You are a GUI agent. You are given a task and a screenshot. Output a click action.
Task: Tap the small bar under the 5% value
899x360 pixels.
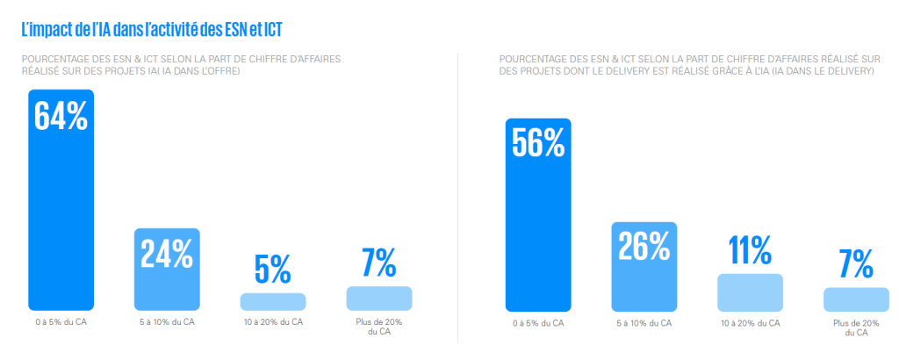pos(273,302)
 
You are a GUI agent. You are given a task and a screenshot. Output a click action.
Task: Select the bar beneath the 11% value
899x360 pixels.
pos(750,292)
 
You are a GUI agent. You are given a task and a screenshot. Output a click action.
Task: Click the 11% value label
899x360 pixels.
pos(750,249)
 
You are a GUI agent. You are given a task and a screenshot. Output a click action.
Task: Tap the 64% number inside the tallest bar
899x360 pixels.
pos(61,115)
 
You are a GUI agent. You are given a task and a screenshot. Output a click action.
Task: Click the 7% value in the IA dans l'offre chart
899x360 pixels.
pos(379,263)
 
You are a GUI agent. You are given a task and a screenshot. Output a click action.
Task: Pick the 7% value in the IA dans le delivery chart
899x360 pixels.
pos(856,263)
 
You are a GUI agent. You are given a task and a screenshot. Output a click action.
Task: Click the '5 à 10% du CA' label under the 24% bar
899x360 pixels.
pos(167,322)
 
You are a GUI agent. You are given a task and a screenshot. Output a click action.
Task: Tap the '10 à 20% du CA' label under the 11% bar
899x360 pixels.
pos(750,324)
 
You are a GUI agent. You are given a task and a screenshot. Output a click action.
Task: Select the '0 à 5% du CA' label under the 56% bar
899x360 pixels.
pos(538,324)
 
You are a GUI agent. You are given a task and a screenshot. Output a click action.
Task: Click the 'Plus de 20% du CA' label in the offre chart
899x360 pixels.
pos(379,327)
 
